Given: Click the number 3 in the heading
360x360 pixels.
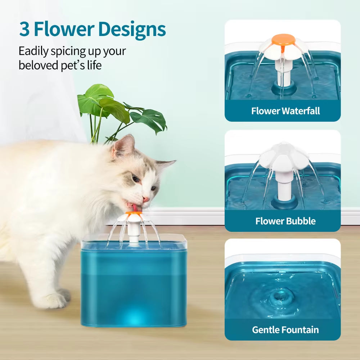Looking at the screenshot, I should click(24, 30).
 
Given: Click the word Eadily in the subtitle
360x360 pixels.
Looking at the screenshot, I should click(33, 51).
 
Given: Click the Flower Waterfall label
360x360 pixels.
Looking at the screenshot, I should click(285, 111).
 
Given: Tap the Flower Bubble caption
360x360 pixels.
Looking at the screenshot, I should click(285, 221).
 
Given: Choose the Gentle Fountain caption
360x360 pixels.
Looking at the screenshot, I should click(285, 330).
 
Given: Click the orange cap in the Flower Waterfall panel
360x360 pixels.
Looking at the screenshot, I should click(283, 39).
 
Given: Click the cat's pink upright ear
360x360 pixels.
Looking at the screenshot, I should click(124, 145).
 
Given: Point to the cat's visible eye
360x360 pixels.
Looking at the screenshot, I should click(136, 178).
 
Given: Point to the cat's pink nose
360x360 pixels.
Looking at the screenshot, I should click(146, 199).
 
